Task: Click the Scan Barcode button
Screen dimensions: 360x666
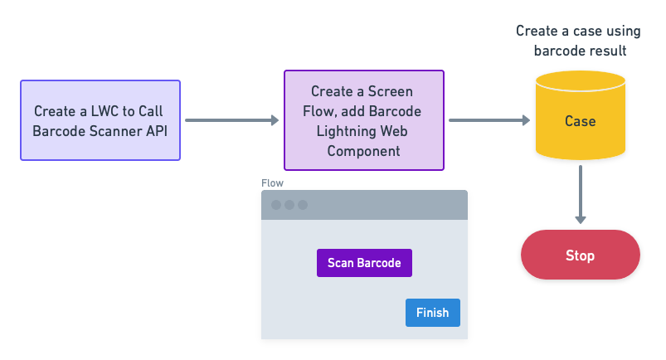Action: click(x=364, y=263)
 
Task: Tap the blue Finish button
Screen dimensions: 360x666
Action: click(x=432, y=313)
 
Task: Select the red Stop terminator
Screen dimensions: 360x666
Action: click(x=580, y=255)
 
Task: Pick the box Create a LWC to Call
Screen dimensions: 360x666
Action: click(x=100, y=120)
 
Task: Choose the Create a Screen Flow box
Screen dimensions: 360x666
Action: click(x=363, y=120)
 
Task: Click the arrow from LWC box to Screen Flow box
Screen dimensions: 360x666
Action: click(x=231, y=120)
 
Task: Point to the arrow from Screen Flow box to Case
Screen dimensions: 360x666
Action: click(x=489, y=120)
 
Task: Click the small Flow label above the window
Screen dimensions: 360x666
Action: click(x=272, y=182)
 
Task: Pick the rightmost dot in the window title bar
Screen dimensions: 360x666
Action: click(x=303, y=205)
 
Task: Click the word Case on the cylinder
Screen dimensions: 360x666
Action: click(x=580, y=121)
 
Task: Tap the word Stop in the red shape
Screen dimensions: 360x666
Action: click(x=580, y=255)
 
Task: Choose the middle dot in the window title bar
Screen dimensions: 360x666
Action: click(x=289, y=205)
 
